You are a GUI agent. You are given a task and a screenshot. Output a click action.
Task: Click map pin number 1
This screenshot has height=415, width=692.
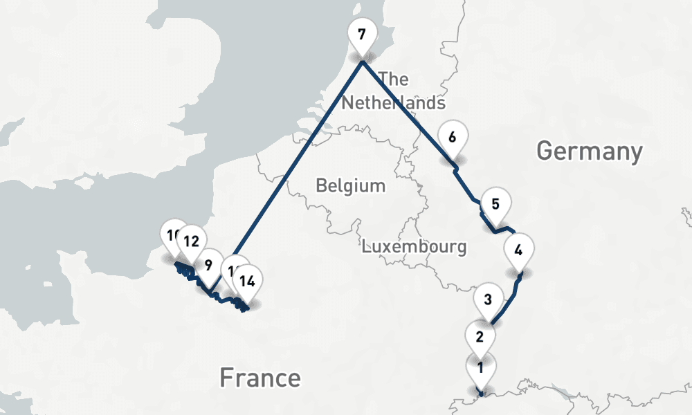(x=480, y=367)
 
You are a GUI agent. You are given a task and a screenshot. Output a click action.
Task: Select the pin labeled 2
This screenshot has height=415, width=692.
(x=479, y=337)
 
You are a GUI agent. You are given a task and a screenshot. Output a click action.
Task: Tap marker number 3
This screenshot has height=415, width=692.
(x=488, y=299)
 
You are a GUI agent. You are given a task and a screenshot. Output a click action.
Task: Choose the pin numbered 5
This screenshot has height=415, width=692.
(x=495, y=203)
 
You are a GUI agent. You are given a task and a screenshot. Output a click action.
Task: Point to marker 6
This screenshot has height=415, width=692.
(x=452, y=136)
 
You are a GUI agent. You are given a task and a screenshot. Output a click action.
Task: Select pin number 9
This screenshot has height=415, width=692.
(x=208, y=264)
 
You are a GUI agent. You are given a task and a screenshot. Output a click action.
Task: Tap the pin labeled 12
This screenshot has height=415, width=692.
(x=192, y=241)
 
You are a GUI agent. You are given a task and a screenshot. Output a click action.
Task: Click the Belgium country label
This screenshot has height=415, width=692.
(x=350, y=185)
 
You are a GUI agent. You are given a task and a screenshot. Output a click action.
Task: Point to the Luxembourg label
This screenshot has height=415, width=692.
(x=414, y=246)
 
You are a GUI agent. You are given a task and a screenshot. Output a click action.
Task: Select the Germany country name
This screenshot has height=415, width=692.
(x=590, y=151)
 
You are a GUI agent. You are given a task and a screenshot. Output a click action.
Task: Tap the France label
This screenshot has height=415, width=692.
(x=259, y=378)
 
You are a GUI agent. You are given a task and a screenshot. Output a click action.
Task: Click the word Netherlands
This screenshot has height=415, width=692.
(x=393, y=103)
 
